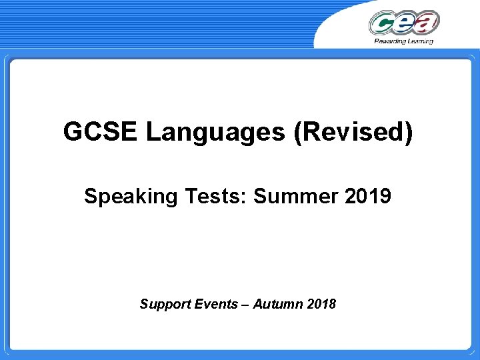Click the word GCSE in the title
(x=101, y=132)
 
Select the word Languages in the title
(x=215, y=133)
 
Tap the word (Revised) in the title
(x=353, y=133)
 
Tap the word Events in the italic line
(x=215, y=304)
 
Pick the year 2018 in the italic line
(x=323, y=304)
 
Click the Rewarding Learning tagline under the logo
(x=404, y=41)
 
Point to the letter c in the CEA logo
(x=383, y=24)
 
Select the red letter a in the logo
(x=427, y=22)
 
